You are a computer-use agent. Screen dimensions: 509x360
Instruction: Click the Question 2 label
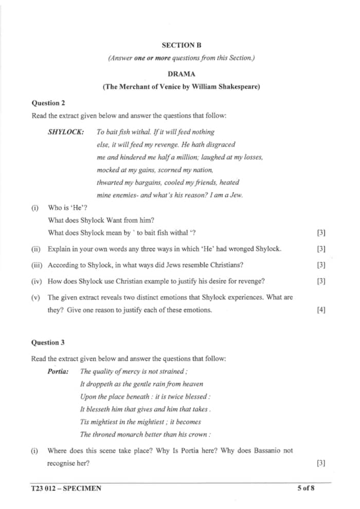click(x=48, y=103)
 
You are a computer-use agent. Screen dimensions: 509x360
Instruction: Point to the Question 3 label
click(x=48, y=342)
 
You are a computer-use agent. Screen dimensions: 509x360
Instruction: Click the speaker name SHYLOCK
click(x=66, y=132)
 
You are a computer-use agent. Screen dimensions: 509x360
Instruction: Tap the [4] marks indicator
click(x=322, y=310)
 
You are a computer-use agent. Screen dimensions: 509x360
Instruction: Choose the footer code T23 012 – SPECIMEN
click(x=66, y=488)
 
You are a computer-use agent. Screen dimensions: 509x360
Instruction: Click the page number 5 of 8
click(x=305, y=488)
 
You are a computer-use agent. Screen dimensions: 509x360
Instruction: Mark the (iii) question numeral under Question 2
click(x=36, y=265)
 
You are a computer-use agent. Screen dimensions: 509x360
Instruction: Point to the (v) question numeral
click(x=35, y=298)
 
